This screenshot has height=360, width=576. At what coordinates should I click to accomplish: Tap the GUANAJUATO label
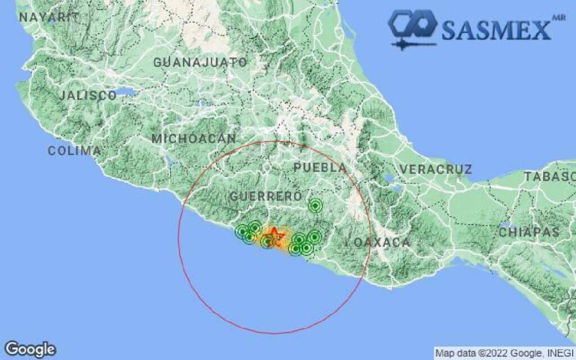(200, 62)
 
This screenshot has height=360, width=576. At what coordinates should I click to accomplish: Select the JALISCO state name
(88, 96)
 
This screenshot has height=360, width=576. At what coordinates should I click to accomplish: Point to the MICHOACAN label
(194, 138)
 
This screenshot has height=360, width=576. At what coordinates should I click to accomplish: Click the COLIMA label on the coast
(74, 151)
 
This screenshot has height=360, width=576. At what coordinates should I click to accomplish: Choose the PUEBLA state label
(320, 168)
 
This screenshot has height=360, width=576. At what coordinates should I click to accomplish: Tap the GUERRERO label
(266, 196)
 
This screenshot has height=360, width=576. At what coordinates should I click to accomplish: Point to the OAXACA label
(382, 242)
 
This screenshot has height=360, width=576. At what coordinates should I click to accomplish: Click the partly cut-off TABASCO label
(550, 177)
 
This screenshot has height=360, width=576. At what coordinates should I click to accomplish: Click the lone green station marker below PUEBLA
(316, 206)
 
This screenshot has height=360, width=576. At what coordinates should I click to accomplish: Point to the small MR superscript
(559, 17)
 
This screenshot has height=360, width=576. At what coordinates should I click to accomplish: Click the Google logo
(30, 349)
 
